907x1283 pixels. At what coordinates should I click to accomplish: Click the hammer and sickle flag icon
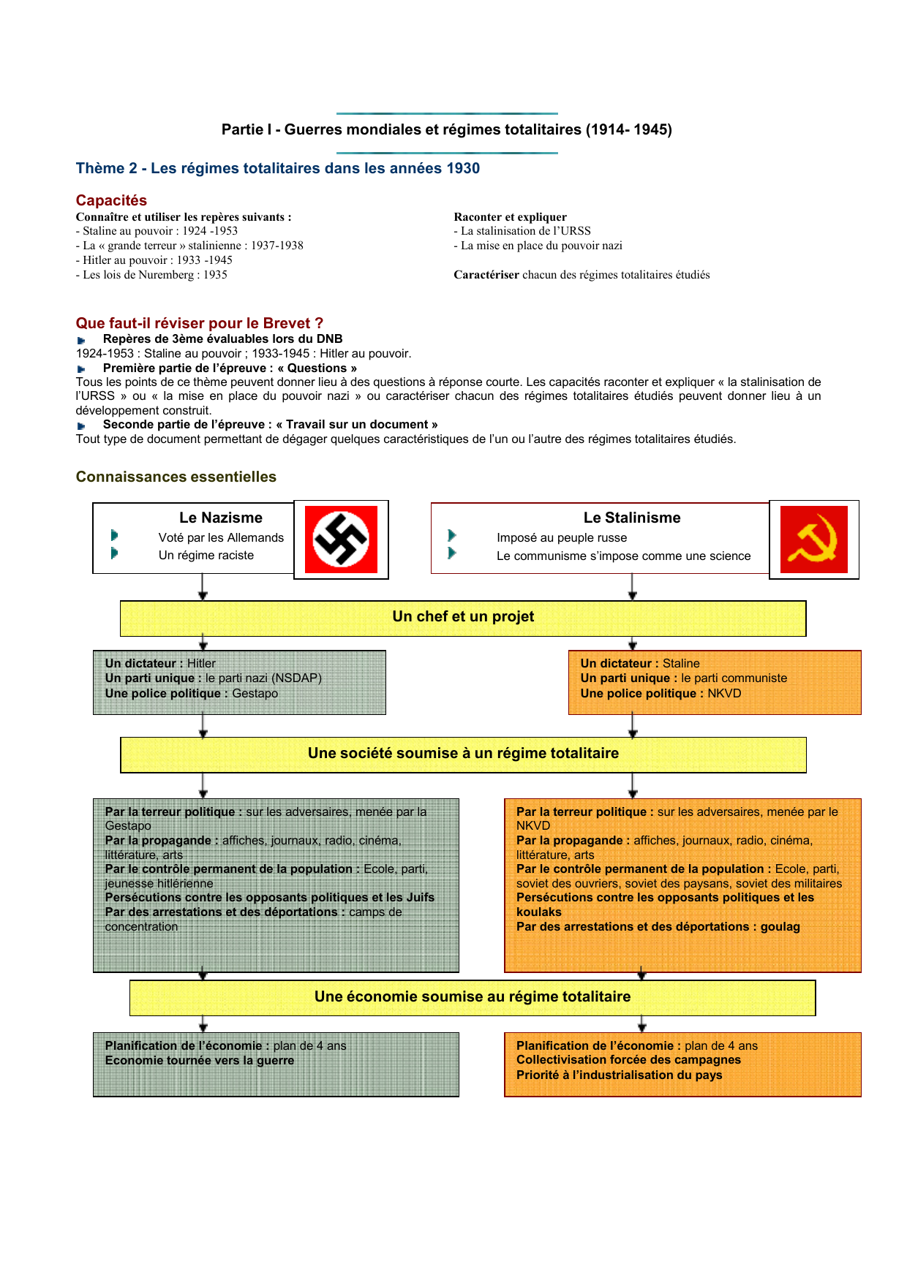[813, 540]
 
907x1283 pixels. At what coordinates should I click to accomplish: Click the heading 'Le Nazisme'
[220, 518]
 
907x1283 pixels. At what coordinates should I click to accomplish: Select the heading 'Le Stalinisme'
[631, 518]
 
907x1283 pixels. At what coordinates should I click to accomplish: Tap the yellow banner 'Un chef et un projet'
[463, 617]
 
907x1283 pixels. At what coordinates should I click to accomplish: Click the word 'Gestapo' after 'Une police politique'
[255, 693]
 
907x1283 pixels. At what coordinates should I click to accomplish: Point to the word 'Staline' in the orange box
[681, 663]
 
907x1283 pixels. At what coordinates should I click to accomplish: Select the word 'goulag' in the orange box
[780, 926]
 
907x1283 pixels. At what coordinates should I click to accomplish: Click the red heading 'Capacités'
[111, 200]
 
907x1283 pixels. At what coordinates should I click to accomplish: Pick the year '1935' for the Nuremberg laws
[215, 275]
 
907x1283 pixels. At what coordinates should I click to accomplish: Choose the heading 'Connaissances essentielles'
[176, 477]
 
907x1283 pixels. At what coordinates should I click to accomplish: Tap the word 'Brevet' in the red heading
[287, 323]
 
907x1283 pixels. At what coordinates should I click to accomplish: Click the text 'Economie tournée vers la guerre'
[200, 1060]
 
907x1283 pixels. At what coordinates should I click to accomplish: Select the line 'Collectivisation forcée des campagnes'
[628, 1059]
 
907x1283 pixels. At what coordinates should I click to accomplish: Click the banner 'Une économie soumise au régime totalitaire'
[473, 997]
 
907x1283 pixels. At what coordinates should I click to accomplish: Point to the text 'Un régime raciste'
[206, 555]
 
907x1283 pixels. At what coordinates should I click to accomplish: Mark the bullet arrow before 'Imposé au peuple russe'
[452, 536]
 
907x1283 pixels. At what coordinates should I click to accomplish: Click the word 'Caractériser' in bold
[486, 275]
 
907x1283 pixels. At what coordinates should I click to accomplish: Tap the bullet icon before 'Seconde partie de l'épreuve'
[81, 425]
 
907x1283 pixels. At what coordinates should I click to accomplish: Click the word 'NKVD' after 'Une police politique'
[724, 693]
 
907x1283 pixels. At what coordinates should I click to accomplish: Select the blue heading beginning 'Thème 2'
[278, 168]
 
